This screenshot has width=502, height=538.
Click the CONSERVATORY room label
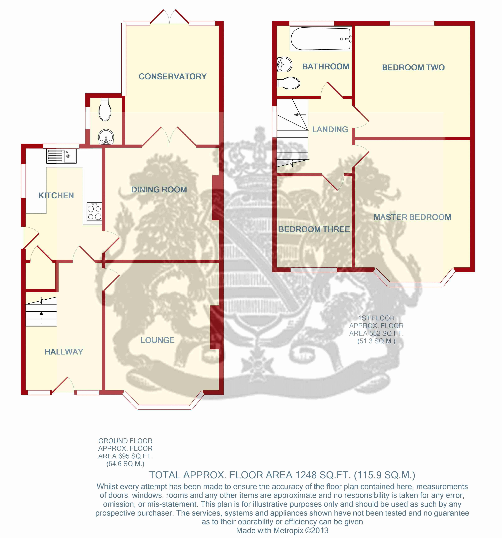point(173,77)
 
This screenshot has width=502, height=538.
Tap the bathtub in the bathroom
point(321,38)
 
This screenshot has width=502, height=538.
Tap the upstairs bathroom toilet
point(288,83)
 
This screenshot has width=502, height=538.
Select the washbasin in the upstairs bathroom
point(284,64)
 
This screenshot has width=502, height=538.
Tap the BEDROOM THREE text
point(314,229)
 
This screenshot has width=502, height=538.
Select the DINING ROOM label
point(159,189)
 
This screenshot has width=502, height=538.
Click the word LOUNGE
point(158,340)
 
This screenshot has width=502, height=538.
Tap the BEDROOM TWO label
point(413,67)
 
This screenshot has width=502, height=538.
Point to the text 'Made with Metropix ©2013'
point(282,530)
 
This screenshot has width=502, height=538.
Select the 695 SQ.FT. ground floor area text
point(135,456)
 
